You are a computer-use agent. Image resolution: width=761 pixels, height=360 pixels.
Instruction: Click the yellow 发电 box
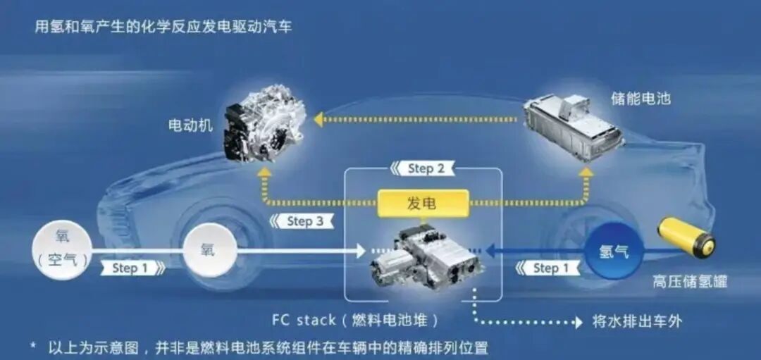423,203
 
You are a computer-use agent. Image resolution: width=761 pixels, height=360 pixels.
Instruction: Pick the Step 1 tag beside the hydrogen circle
548,268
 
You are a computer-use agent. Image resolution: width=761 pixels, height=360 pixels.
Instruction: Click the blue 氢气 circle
614,252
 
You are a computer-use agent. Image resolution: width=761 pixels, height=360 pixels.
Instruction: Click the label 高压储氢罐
690,282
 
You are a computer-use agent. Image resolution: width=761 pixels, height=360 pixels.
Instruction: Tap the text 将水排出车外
637,321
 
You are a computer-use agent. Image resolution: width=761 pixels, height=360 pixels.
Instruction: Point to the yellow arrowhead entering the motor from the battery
318,119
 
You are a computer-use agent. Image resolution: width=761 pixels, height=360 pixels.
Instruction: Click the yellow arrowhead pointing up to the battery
587,172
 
